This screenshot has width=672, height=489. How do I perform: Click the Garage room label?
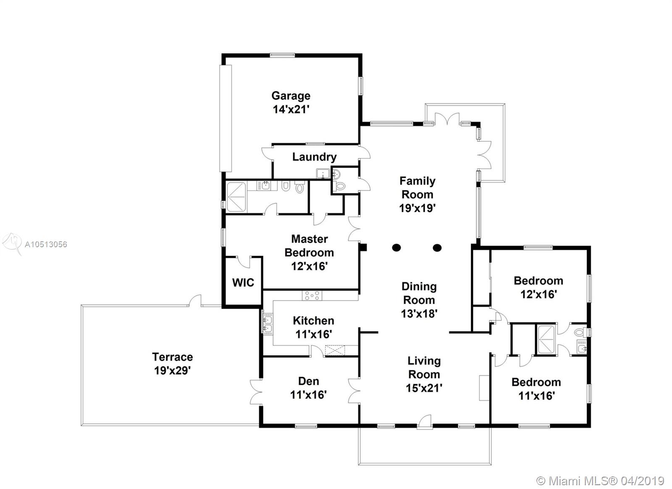click(291, 96)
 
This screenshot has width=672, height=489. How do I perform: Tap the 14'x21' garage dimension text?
click(291, 109)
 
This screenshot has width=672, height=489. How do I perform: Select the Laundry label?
click(315, 157)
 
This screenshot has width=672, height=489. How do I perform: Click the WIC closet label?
click(243, 283)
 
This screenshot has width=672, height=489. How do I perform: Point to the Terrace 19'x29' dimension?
click(173, 370)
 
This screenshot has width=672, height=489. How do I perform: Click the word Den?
click(308, 381)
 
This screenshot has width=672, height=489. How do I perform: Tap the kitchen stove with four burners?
click(312, 296)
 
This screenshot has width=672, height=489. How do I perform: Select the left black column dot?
click(396, 248)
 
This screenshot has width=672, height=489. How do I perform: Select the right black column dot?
click(437, 248)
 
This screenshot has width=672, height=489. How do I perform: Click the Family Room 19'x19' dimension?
click(417, 208)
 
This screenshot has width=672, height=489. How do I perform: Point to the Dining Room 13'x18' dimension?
click(419, 314)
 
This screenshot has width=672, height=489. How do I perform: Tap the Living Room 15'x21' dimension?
click(424, 388)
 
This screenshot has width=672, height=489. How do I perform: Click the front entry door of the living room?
click(425, 421)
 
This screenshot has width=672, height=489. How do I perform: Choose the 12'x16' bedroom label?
click(538, 288)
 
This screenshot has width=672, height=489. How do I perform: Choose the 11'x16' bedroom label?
click(536, 389)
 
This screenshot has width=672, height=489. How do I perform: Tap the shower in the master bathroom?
click(236, 197)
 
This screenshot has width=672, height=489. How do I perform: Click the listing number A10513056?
click(46, 244)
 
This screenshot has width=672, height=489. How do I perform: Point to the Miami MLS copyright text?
click(600, 481)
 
